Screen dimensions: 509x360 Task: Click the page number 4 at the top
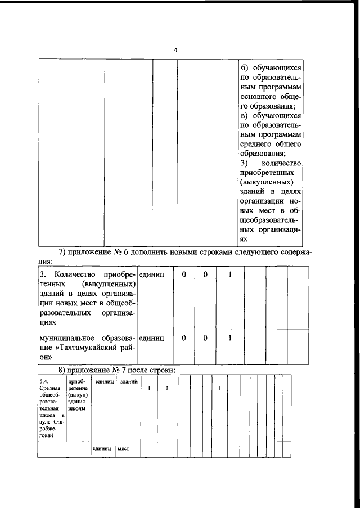[x=176, y=51]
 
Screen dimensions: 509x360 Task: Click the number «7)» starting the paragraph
[x=65, y=251]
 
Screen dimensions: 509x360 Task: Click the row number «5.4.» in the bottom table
[x=45, y=381]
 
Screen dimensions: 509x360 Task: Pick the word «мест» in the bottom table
[x=124, y=449]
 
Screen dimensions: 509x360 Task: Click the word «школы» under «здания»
[x=76, y=409]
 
